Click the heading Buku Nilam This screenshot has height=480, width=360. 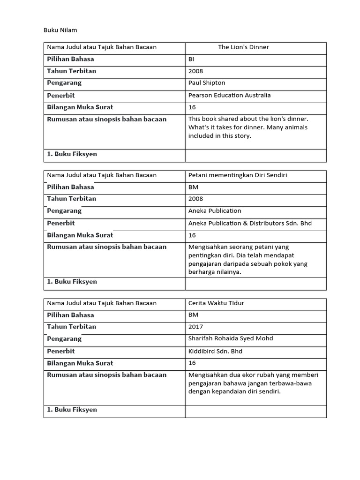(x=60, y=30)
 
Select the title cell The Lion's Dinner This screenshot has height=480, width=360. (x=243, y=47)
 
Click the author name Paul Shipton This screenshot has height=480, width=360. (x=207, y=82)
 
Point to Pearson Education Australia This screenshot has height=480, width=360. (x=229, y=95)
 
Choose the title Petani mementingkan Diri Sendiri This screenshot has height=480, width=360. (x=238, y=175)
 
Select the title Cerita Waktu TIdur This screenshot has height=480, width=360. (x=216, y=303)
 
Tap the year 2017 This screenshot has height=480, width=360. (x=195, y=326)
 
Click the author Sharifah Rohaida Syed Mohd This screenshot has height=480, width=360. (x=231, y=338)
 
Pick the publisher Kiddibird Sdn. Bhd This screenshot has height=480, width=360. (x=215, y=351)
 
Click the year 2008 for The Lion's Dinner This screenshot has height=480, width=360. (x=195, y=71)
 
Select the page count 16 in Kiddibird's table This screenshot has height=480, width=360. (x=192, y=363)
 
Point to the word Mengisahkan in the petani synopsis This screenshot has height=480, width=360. (x=206, y=247)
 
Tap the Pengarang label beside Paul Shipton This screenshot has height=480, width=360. (x=64, y=82)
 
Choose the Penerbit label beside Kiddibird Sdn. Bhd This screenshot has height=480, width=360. (x=61, y=351)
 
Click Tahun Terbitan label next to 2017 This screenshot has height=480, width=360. (x=71, y=326)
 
